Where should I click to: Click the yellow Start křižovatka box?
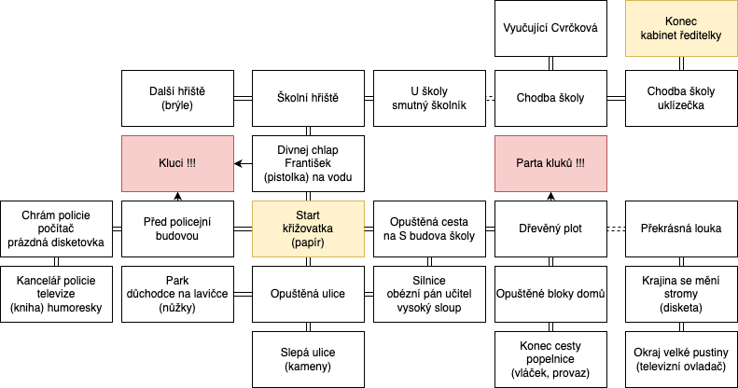coord(308,229)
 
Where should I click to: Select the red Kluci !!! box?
coord(178,163)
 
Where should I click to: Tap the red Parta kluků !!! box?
coord(550,163)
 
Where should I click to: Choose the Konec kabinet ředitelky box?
coord(681,28)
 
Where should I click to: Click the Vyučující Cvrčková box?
coord(550,28)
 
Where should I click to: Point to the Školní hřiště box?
coord(308,98)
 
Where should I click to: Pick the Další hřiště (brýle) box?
coord(178,98)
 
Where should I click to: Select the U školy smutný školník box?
coord(430,98)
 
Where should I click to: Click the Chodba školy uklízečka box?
coord(681,98)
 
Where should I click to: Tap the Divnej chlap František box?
coord(308,163)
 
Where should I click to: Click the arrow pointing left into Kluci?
coord(244,163)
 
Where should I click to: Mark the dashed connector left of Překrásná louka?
coord(616,229)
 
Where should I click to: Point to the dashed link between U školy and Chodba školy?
coord(491,98)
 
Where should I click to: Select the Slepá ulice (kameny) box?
coord(308,360)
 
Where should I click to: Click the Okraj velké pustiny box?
coord(681,360)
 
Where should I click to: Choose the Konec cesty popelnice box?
coord(550,360)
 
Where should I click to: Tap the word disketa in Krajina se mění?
coord(681,308)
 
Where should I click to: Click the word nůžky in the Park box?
coord(177,308)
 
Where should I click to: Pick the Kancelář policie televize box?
coord(57,295)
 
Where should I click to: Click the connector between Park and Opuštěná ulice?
coord(244,295)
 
